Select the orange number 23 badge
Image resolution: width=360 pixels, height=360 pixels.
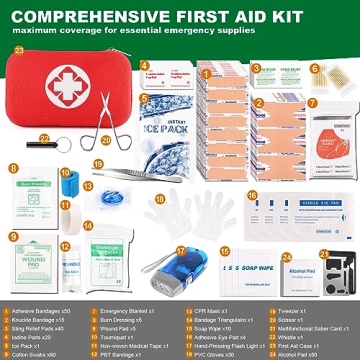coord(19,49)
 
